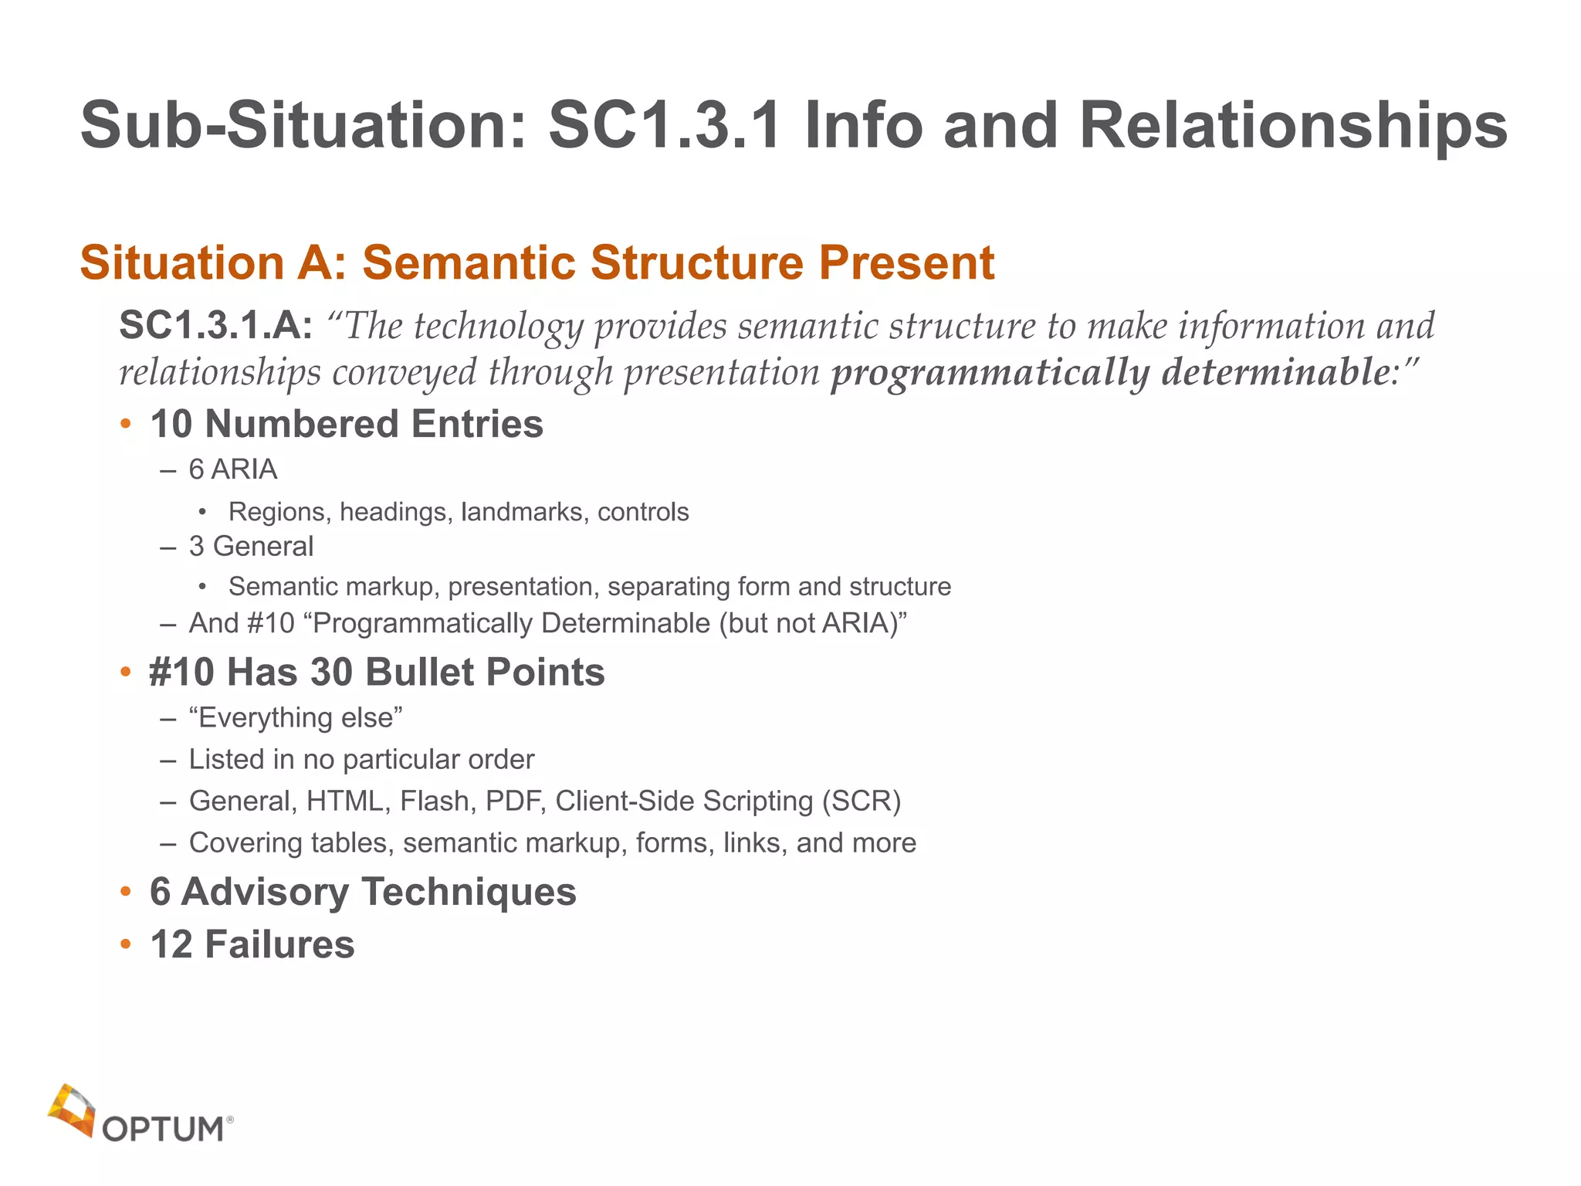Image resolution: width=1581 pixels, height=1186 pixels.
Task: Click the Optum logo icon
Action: pyautogui.click(x=72, y=1110)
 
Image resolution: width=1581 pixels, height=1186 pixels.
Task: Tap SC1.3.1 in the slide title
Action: pyautogui.click(x=664, y=126)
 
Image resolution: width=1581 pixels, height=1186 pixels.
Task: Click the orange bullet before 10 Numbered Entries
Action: pyautogui.click(x=127, y=424)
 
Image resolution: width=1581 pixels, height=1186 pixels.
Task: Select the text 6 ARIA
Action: pyautogui.click(x=232, y=469)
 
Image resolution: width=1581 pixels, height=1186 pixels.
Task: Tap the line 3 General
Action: pyautogui.click(x=251, y=547)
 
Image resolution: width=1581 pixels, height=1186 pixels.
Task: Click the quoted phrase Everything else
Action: pyautogui.click(x=296, y=718)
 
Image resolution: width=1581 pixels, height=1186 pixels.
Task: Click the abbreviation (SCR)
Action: pyautogui.click(x=862, y=801)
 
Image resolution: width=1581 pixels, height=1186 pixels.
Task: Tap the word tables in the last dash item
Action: pyautogui.click(x=352, y=843)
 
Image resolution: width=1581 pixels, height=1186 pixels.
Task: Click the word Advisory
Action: pyautogui.click(x=265, y=892)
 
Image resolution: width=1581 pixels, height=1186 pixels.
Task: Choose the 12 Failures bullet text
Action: pyautogui.click(x=252, y=945)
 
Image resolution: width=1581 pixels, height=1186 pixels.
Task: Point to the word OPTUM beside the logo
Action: pyautogui.click(x=163, y=1130)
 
